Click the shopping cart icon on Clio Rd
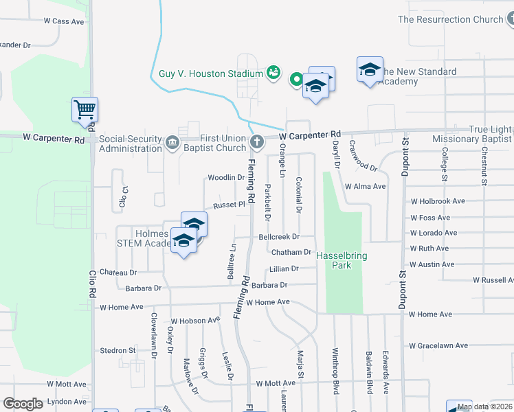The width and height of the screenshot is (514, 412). click(x=85, y=109)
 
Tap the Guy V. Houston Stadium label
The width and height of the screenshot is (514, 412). click(x=211, y=73)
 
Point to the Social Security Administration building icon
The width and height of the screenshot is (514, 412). click(x=171, y=144)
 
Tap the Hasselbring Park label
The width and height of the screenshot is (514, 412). click(x=342, y=260)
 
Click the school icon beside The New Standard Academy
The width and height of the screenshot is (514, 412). click(x=370, y=69)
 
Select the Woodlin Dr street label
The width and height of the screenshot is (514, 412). click(x=226, y=177)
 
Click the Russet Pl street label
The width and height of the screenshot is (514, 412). click(x=229, y=205)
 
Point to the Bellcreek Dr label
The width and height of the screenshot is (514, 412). click(x=279, y=236)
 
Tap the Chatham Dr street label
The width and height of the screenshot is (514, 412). click(x=292, y=253)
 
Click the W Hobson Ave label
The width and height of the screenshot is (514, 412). click(x=195, y=320)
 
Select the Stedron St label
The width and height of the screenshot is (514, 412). click(x=118, y=350)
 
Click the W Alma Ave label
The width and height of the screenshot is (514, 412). click(x=366, y=186)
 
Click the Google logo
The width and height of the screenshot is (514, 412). click(x=23, y=404)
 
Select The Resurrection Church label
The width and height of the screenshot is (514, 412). click(x=451, y=19)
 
